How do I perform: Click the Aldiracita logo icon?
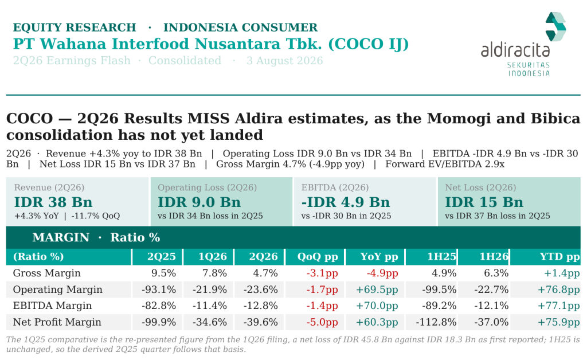(x=555, y=26)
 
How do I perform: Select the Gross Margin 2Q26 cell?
(x=265, y=273)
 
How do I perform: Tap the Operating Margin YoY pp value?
(x=377, y=289)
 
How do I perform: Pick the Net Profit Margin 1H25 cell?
(x=436, y=322)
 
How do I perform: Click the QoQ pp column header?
(x=318, y=257)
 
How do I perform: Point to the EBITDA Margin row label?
(x=52, y=306)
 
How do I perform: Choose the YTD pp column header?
(x=559, y=257)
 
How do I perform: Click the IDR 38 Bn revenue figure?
(x=53, y=202)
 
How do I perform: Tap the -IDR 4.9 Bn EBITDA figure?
(x=346, y=202)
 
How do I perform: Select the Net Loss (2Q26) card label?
(x=480, y=187)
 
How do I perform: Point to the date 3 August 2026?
(x=284, y=61)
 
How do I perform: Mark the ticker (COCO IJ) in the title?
(x=369, y=44)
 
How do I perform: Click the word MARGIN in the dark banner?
(x=61, y=237)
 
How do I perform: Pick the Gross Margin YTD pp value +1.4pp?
(x=562, y=273)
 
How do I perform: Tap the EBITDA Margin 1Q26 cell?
(x=210, y=306)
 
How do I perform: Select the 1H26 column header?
(x=494, y=257)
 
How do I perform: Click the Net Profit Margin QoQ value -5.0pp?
(x=322, y=322)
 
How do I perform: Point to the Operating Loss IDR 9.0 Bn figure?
(x=199, y=202)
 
